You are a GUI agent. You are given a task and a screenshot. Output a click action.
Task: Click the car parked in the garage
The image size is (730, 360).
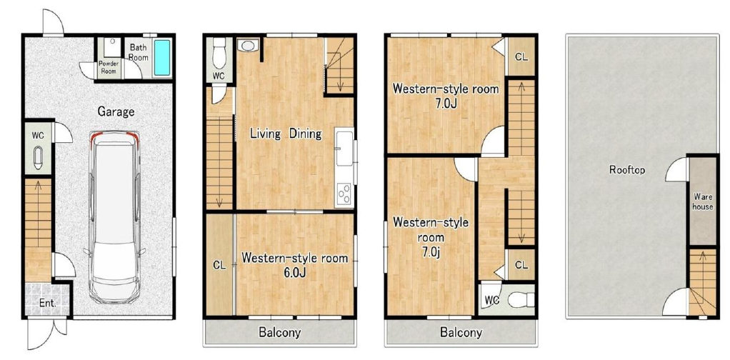114,217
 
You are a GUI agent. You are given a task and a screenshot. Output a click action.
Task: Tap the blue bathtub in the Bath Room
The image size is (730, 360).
162,57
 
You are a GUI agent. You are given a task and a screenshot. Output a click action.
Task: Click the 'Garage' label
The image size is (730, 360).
116,111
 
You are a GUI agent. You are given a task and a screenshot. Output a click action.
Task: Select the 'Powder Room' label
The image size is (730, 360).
108,68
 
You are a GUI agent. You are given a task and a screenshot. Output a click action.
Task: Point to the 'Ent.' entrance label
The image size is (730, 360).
47,303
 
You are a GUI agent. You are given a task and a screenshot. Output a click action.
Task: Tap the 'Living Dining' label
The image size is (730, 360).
286,134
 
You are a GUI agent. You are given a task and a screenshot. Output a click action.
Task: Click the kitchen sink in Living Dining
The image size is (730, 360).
344,148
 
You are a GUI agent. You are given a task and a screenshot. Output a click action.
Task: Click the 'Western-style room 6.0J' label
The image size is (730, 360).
295,264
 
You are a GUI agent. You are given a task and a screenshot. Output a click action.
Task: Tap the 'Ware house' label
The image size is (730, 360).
702,201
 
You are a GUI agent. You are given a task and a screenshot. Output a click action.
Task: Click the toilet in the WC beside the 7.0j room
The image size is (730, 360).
520,299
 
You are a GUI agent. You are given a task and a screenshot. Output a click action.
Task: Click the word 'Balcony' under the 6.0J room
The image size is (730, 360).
280,333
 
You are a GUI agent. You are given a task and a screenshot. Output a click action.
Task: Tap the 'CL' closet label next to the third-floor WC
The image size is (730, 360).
521,265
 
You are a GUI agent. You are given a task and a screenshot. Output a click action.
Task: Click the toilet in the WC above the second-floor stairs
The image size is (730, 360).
219,53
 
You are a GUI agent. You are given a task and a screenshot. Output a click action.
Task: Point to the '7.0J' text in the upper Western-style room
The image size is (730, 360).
446,104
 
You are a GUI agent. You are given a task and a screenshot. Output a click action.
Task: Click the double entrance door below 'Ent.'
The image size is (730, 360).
46,333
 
